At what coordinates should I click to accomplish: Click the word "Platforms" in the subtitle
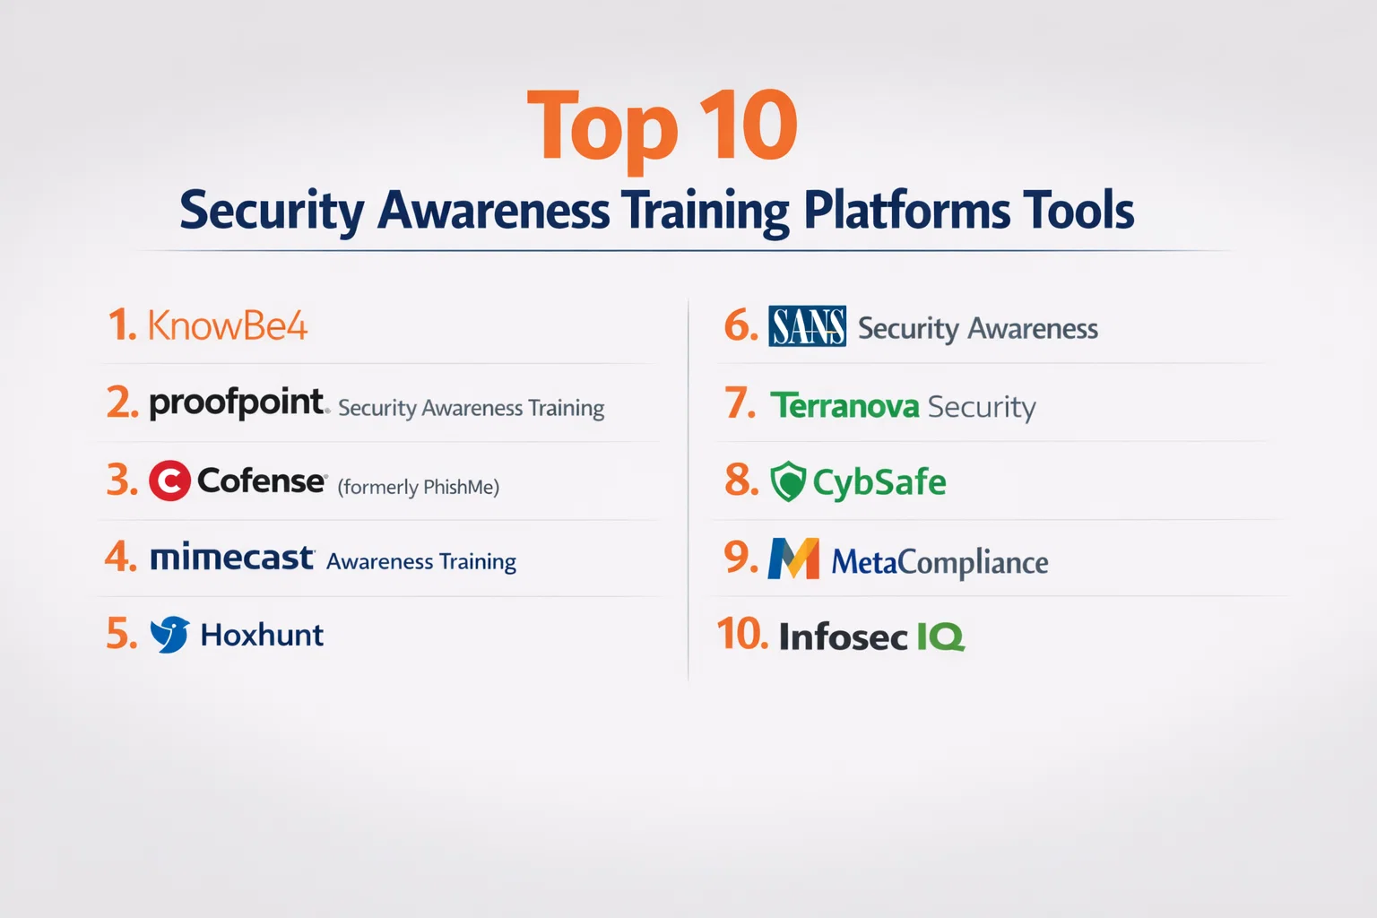tap(906, 211)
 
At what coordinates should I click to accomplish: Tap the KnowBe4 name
tap(228, 325)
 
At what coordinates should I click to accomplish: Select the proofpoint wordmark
tap(238, 403)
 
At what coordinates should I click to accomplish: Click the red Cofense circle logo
tap(169, 481)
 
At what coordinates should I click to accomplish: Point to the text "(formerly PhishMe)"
tap(418, 487)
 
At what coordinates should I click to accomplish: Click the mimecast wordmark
tap(232, 558)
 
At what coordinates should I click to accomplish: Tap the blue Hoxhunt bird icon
tap(169, 634)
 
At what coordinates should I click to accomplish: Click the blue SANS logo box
tap(807, 326)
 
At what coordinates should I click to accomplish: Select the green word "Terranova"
tap(844, 406)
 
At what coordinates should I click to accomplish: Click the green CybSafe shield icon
tap(788, 481)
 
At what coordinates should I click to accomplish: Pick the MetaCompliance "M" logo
tap(793, 559)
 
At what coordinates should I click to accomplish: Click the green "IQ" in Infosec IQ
tap(940, 637)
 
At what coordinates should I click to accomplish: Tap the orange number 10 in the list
tap(742, 634)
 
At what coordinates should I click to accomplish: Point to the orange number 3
tap(122, 480)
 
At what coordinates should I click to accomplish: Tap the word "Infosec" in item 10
tap(843, 637)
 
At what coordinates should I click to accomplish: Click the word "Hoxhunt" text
tap(262, 635)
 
